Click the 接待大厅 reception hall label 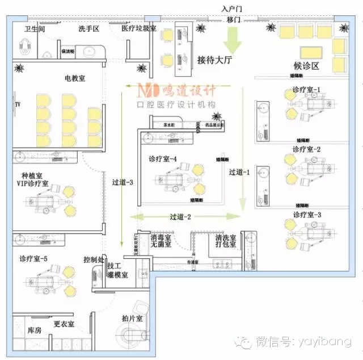coord(216,59)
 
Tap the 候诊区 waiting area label coord(307,66)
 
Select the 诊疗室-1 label coord(307,90)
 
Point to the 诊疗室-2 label coord(307,149)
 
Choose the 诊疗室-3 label coord(307,215)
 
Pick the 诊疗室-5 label coord(33,259)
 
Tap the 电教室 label coord(74,78)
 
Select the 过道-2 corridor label coord(180,216)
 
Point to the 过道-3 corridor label coord(123,182)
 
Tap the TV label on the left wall coord(18,104)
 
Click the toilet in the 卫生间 coord(25,45)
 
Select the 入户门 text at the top coord(233,9)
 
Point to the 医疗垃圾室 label coord(139,28)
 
